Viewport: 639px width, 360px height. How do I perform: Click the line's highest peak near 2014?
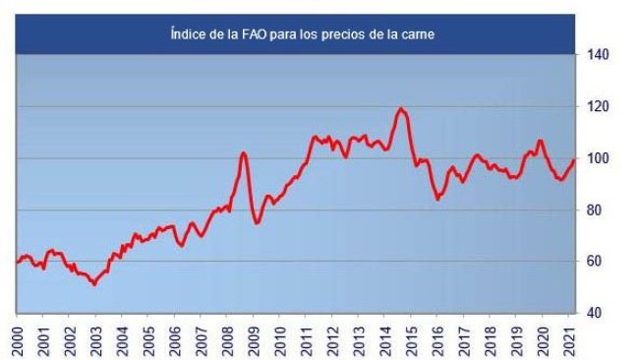click(401, 108)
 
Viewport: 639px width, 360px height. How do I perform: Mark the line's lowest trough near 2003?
click(93, 284)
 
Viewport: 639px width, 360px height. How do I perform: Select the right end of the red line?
click(574, 159)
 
